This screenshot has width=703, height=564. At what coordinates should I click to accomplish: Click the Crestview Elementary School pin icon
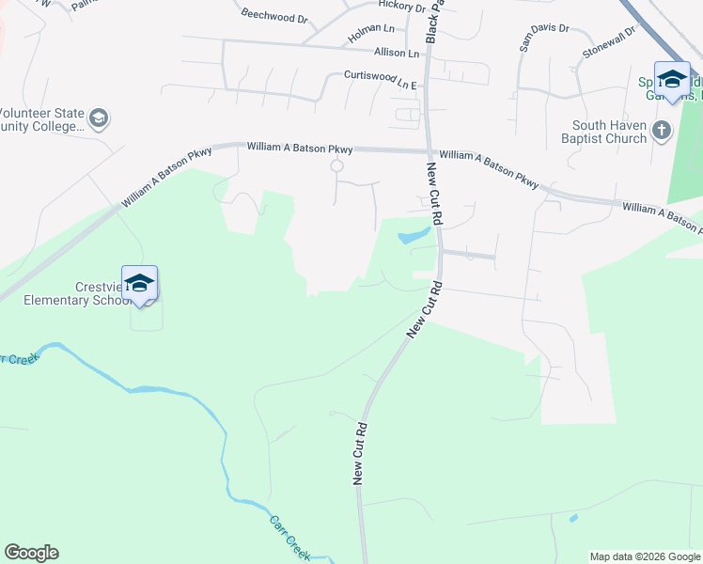(x=139, y=284)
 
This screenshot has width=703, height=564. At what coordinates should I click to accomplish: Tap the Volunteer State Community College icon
(x=99, y=118)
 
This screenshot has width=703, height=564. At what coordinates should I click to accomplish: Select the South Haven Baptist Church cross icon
(x=662, y=130)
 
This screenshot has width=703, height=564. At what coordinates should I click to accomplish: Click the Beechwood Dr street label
(x=274, y=16)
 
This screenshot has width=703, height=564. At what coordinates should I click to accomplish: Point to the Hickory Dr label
(x=401, y=6)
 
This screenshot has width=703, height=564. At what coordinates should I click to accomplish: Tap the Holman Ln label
(x=371, y=30)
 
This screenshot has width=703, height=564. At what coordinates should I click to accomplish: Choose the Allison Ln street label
(x=396, y=53)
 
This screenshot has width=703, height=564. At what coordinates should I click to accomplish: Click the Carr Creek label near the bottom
(x=289, y=533)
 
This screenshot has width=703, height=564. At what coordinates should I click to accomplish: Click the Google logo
(x=31, y=553)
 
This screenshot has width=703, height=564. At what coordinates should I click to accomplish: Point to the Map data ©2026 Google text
(x=644, y=556)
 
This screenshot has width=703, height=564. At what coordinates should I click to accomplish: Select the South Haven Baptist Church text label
(x=610, y=133)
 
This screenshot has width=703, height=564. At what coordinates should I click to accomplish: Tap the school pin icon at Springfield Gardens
(x=672, y=79)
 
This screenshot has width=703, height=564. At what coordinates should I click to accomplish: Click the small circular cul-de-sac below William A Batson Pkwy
(x=336, y=166)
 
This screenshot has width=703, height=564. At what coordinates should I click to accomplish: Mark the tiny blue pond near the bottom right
(x=573, y=518)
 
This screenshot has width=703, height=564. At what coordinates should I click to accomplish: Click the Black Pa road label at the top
(x=433, y=21)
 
